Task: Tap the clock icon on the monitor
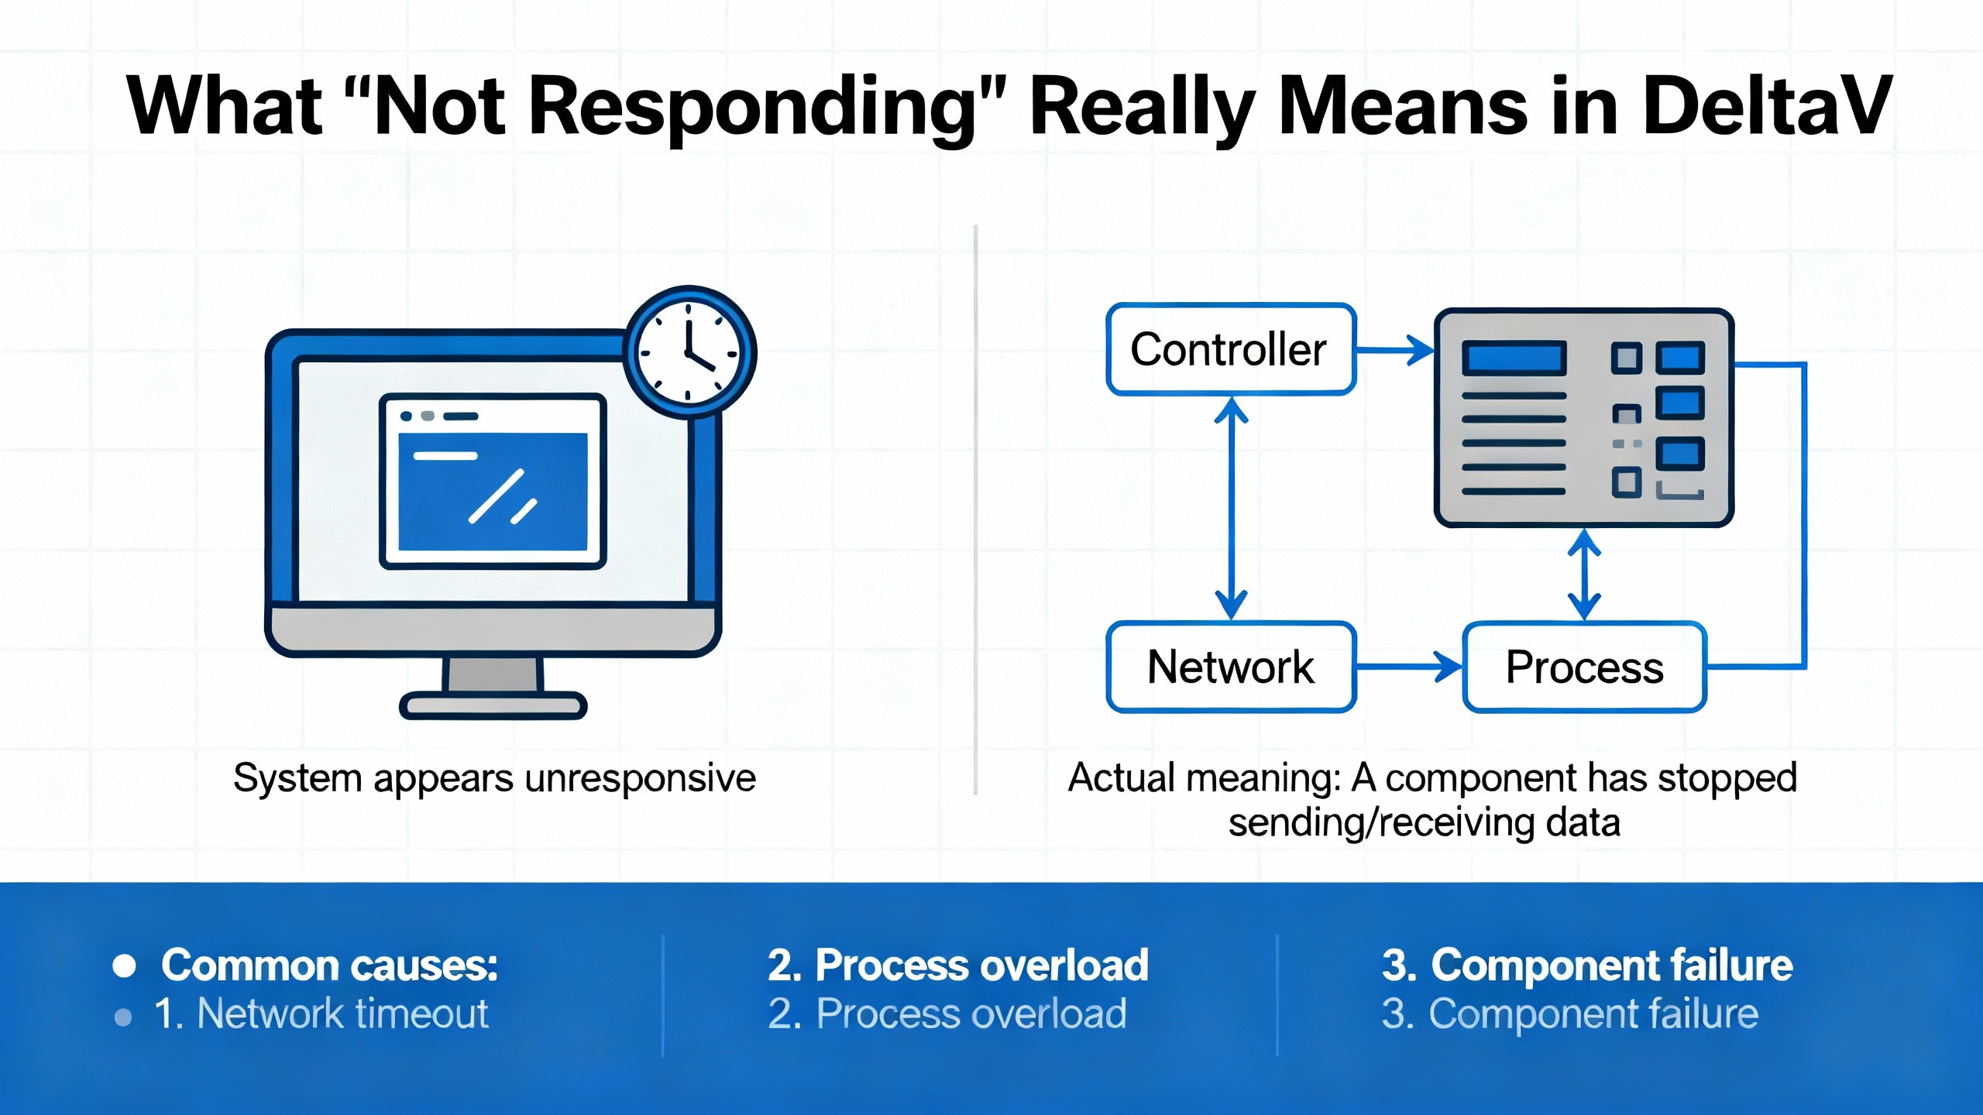(689, 352)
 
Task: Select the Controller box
(1230, 349)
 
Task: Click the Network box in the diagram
(1230, 667)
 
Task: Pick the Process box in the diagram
(1584, 667)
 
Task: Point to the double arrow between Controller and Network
(1231, 507)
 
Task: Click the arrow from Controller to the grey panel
(1394, 350)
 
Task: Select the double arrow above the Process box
(1584, 574)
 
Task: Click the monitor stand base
(493, 705)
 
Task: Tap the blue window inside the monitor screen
(493, 491)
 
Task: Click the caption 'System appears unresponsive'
(494, 777)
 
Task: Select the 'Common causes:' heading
(329, 966)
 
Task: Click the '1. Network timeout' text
(321, 1014)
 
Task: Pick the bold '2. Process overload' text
(957, 966)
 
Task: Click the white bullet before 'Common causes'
(124, 966)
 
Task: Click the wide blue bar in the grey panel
(1514, 359)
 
